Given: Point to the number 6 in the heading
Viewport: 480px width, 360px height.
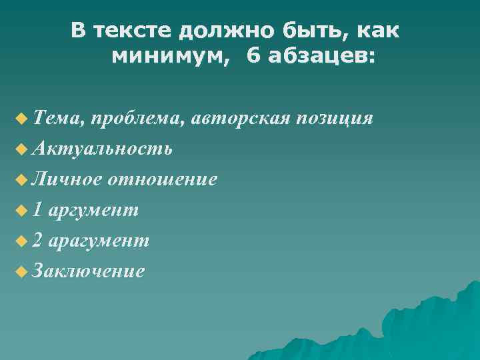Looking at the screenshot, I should point(254,57).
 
